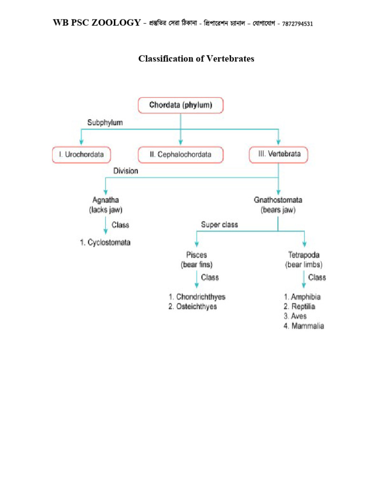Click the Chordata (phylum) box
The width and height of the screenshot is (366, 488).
pos(180,105)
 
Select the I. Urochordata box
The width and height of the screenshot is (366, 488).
pos(81,154)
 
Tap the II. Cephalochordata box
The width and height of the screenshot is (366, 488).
pos(181,154)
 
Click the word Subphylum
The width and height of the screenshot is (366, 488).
pos(105,123)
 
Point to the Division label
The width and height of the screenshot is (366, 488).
pos(125,171)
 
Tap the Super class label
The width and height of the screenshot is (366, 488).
pos(219,224)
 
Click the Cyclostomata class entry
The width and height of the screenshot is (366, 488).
pos(105,243)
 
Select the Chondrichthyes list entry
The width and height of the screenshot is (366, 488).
pos(196,297)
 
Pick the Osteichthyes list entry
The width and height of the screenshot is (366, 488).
pos(193,307)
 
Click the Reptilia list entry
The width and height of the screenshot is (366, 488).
pos(299,307)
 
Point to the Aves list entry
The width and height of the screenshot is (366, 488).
pos(295,316)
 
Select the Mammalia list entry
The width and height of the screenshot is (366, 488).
pos(304,326)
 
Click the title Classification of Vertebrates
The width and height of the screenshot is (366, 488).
pos(196,59)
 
